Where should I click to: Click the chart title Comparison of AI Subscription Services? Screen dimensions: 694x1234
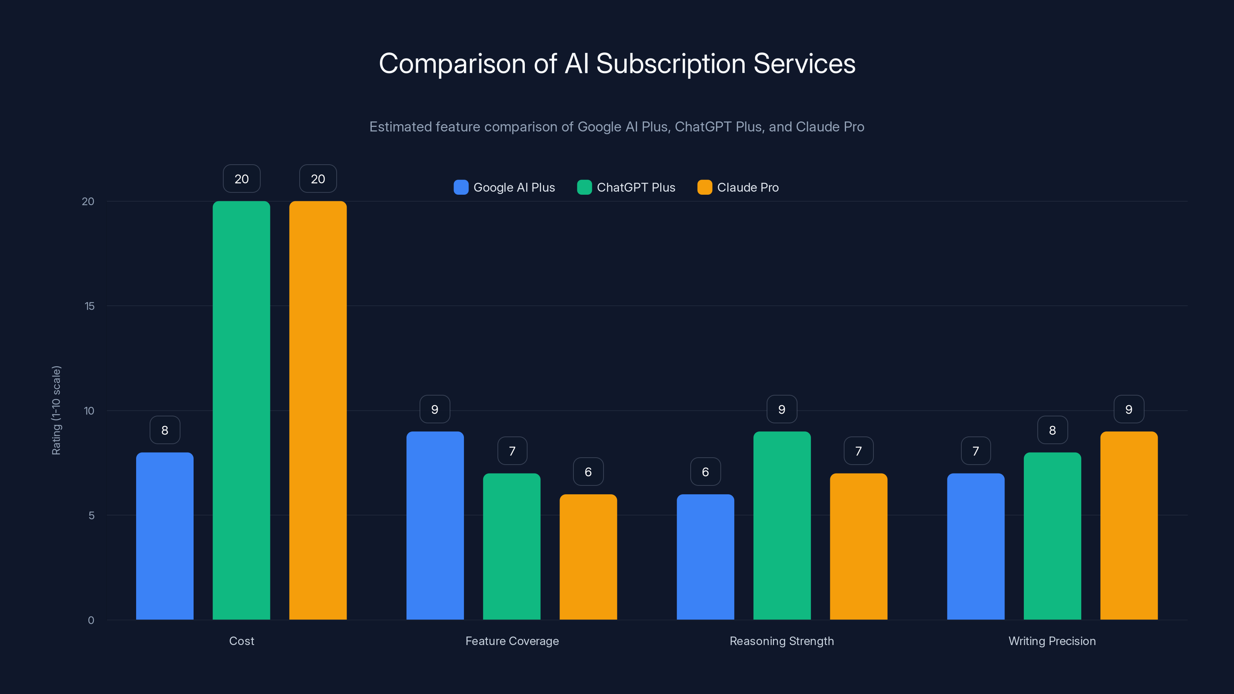(x=617, y=64)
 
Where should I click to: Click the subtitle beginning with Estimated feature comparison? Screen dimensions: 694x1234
(x=617, y=127)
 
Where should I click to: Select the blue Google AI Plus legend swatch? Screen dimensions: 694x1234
(x=461, y=187)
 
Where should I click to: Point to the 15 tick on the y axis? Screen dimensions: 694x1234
(x=89, y=306)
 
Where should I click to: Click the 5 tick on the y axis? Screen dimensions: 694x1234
(x=91, y=515)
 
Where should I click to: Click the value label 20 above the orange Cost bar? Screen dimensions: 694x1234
(x=318, y=179)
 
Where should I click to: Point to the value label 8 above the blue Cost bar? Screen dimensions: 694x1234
(x=165, y=430)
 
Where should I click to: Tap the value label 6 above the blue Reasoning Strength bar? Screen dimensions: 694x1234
(x=705, y=472)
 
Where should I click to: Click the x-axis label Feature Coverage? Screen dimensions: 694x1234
(x=512, y=641)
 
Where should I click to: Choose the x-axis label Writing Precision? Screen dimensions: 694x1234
(x=1052, y=641)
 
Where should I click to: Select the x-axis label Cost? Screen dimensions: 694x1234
(x=241, y=641)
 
